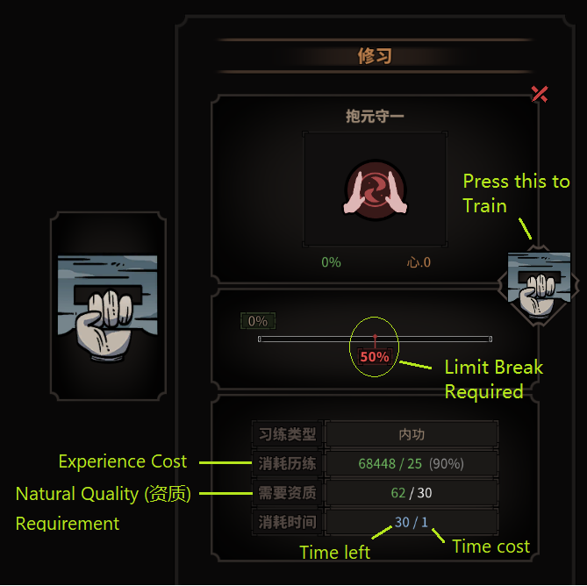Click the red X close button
point(540,94)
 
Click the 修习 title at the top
point(375,56)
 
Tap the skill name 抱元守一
point(375,116)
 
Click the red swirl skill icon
point(375,190)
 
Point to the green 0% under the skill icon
point(331,262)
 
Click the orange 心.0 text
point(419,262)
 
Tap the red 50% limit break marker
point(375,357)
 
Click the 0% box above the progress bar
point(258,322)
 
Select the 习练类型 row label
point(287,434)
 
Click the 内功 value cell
point(412,434)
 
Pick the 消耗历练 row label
point(287,463)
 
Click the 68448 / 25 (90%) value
point(412,463)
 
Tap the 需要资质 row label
point(287,493)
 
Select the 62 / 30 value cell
point(412,493)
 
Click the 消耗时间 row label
point(287,522)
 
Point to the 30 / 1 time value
point(412,522)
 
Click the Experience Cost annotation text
point(123,461)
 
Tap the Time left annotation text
point(334,553)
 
